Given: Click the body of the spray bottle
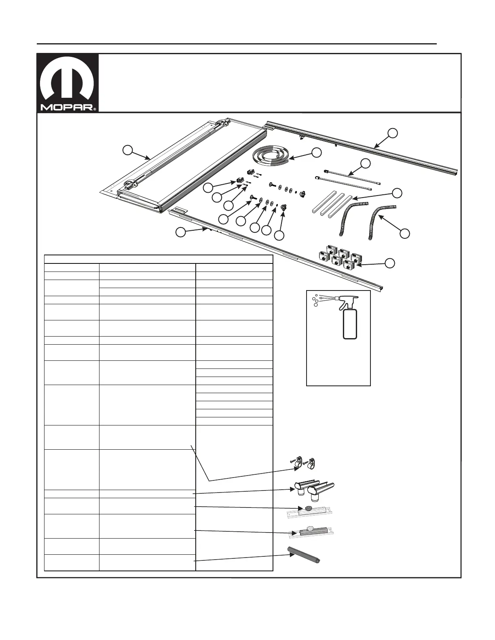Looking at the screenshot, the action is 350,324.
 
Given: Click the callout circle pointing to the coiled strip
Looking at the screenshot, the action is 317,152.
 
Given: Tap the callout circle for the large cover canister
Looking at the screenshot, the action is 127,150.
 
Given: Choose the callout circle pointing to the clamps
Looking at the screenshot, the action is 389,263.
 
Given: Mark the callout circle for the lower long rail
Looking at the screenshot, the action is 180,232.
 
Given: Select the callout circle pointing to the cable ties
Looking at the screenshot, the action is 365,163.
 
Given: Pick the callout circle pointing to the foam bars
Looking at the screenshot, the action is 398,193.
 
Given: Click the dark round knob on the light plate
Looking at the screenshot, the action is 308,508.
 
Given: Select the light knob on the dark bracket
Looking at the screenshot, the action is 311,528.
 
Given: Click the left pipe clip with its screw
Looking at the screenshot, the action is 299,463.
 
